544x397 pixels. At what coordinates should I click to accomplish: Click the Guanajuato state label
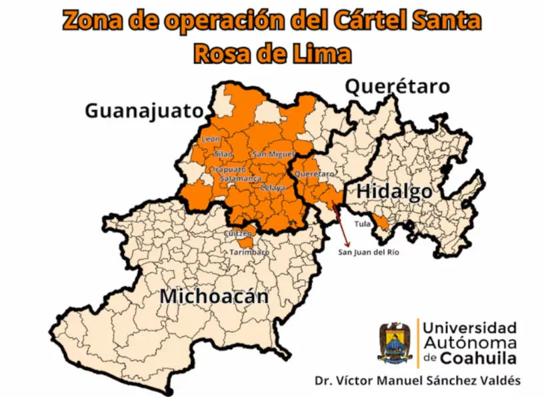pos(143,110)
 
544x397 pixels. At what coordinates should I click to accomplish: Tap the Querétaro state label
pos(397,86)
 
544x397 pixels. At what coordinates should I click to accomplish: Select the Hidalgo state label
pos(393,191)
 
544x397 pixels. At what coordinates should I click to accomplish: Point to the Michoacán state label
pos(213,296)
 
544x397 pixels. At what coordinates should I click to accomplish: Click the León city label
pos(210,139)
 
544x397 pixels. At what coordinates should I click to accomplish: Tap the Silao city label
pos(224,154)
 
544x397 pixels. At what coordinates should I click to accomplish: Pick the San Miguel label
pos(273,155)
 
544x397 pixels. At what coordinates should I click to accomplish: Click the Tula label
pos(362,224)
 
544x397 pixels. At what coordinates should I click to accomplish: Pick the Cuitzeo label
pos(238,234)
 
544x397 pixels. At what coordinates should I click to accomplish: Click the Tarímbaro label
pos(249,252)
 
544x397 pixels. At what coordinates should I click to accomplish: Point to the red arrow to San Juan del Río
pos(343,227)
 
